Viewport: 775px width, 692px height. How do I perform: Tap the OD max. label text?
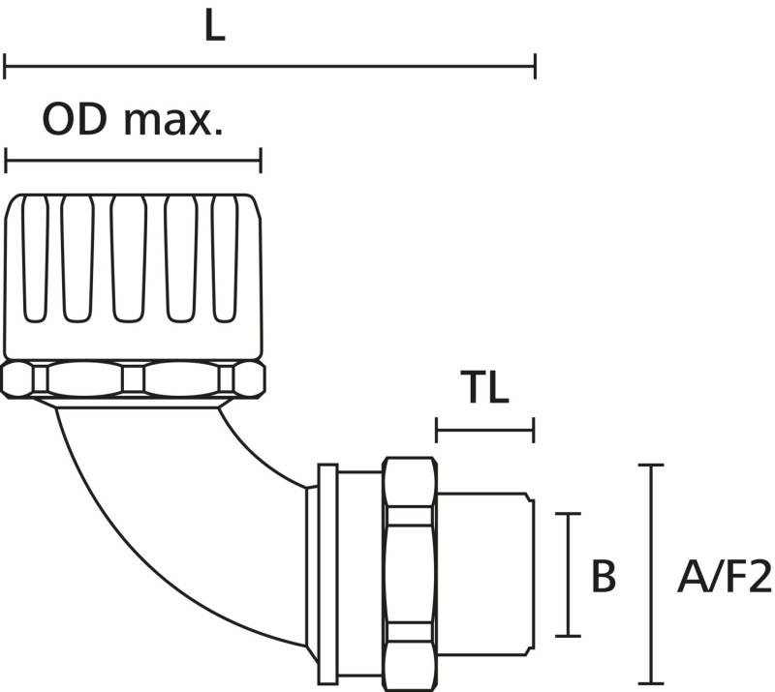[133, 120]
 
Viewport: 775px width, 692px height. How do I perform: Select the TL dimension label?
[484, 387]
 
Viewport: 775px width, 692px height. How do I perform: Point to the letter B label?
[604, 576]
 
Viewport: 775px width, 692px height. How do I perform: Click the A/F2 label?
[725, 576]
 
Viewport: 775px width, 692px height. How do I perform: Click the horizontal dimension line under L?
[270, 66]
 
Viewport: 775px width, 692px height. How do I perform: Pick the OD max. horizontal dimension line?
[133, 160]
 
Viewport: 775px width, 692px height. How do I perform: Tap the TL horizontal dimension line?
[485, 430]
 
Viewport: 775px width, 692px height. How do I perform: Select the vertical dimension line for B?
[568, 575]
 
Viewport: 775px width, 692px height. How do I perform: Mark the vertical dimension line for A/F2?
[650, 574]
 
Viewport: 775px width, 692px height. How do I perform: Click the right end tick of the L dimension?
[536, 66]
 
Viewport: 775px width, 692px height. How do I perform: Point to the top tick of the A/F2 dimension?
[650, 465]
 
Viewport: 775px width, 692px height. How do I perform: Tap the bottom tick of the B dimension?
[568, 636]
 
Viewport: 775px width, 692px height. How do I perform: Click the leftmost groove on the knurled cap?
[36, 258]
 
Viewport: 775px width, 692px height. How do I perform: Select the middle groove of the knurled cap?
[129, 258]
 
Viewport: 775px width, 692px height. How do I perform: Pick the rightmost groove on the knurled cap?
[225, 258]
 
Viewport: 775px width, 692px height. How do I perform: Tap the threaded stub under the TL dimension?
[485, 575]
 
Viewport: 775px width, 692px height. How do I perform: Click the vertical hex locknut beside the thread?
[410, 574]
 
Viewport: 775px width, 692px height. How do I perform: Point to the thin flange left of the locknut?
[327, 574]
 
